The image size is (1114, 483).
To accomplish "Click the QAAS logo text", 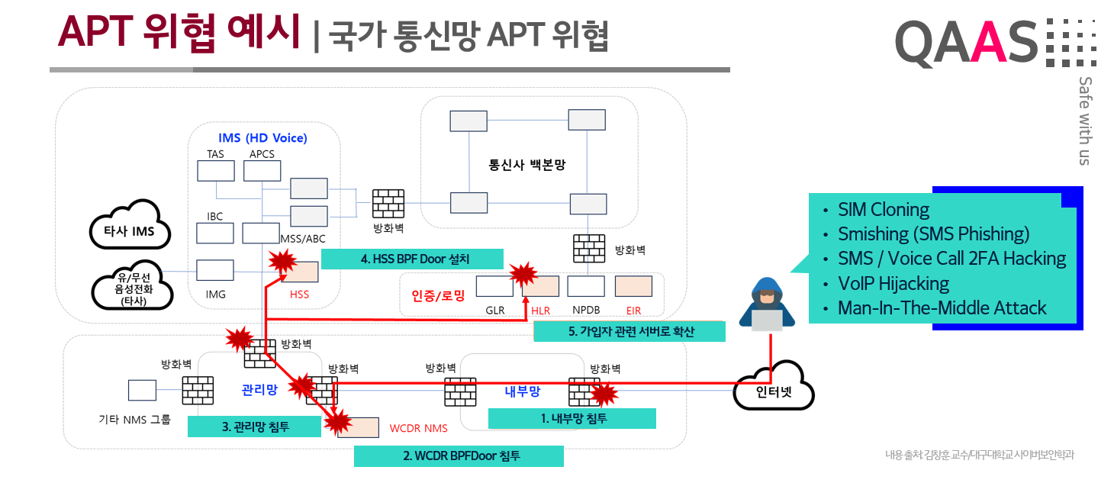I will click(967, 43).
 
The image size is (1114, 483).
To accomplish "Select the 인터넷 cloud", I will click(774, 393).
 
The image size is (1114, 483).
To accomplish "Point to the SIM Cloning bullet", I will click(883, 210).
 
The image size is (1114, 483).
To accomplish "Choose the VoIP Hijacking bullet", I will click(893, 284).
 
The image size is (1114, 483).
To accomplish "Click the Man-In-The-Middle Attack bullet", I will click(942, 308).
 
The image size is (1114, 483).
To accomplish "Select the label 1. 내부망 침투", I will click(571, 418).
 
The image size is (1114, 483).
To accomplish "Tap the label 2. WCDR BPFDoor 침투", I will click(459, 456).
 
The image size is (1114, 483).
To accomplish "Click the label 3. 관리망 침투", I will click(254, 427).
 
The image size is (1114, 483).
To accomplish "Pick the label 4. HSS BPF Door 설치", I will click(411, 259).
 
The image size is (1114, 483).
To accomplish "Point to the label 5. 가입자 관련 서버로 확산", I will click(629, 331).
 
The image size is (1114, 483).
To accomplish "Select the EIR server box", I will click(633, 286).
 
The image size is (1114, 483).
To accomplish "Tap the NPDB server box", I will click(586, 286).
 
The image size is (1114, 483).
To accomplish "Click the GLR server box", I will click(494, 286).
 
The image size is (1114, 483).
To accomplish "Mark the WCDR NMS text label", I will click(418, 428).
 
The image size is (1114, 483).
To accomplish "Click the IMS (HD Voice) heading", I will click(262, 138).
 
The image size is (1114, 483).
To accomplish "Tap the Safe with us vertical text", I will click(1083, 121).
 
